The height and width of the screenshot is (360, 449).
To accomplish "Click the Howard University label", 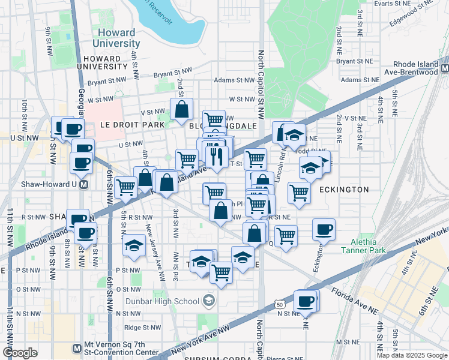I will tap(116, 38).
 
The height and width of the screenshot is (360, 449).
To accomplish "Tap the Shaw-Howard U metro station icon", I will tap(85, 184).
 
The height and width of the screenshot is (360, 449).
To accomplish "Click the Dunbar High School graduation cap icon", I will tap(208, 300).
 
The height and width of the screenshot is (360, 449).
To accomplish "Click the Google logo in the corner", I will tap(20, 353).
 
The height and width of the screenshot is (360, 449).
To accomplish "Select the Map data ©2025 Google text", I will tap(411, 355).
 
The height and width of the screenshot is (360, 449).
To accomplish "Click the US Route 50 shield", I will tap(281, 305).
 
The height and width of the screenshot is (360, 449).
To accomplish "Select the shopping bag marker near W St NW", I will tap(181, 110).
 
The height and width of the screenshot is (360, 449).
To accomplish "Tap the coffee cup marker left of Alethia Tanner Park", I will tap(324, 229).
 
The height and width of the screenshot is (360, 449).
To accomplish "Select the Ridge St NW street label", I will tap(140, 328).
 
